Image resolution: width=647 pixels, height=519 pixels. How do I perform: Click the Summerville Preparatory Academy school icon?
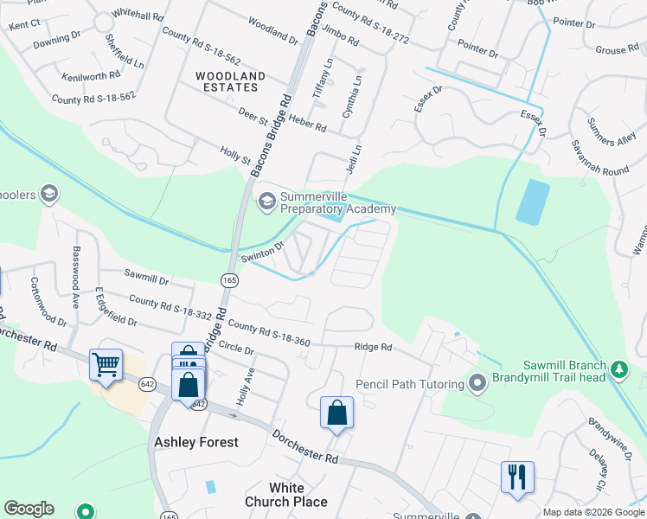266,202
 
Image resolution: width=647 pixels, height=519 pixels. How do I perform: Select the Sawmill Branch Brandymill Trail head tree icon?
618,369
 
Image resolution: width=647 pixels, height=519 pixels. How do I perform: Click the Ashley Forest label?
196,442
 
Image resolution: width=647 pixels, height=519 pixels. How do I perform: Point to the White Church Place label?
286,495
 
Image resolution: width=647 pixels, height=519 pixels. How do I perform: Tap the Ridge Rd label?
373,348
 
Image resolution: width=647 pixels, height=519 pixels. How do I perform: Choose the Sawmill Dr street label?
145,278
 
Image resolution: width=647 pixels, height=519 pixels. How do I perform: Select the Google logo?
29,509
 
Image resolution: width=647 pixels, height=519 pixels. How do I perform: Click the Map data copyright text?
593,512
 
